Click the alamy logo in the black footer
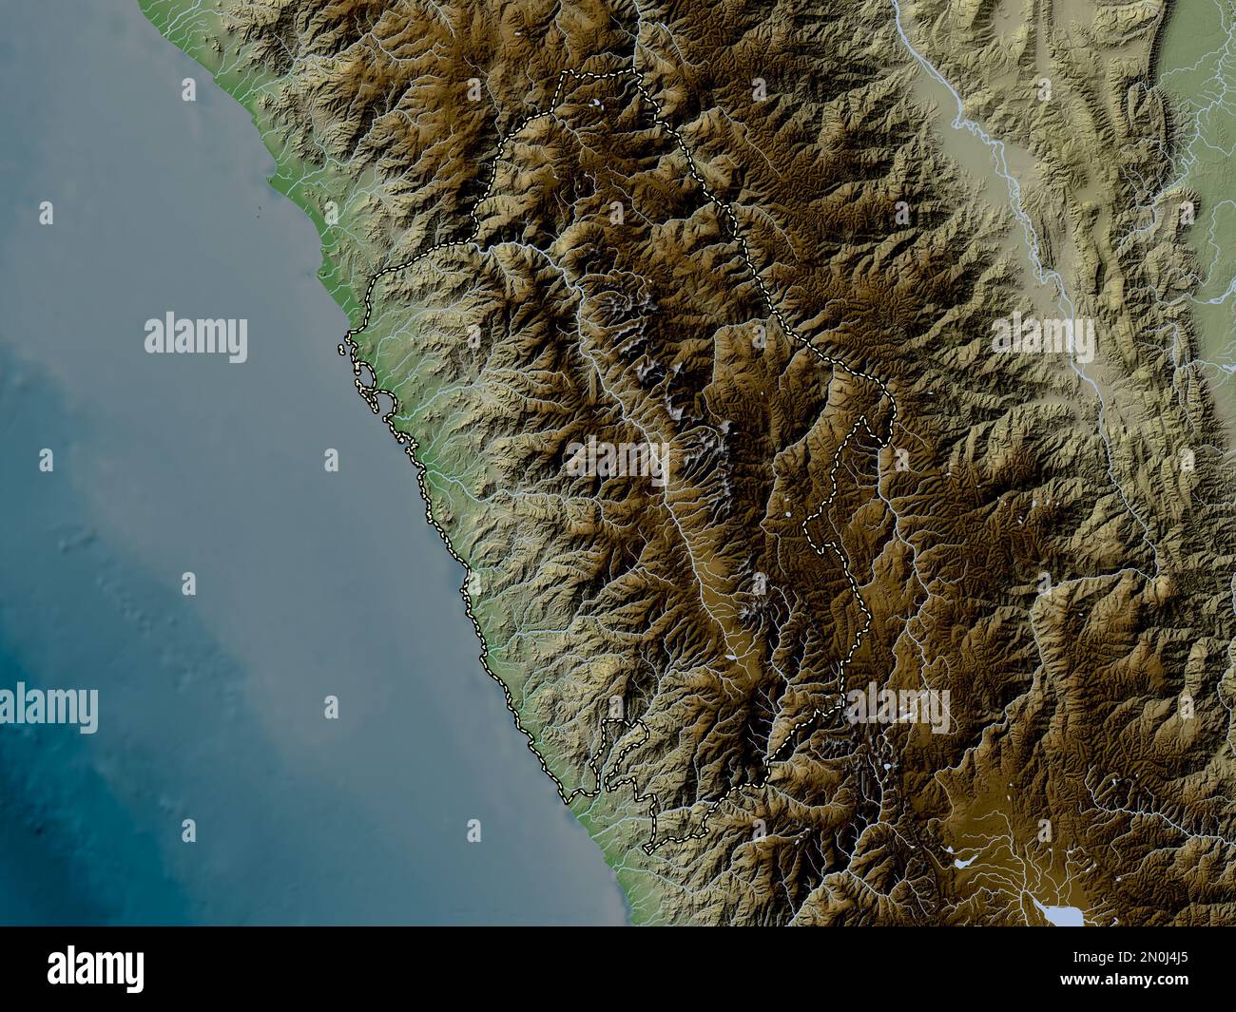tap(96, 968)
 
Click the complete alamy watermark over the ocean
tap(196, 337)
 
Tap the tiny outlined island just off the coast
tap(341, 350)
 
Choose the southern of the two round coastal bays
tap(384, 404)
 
